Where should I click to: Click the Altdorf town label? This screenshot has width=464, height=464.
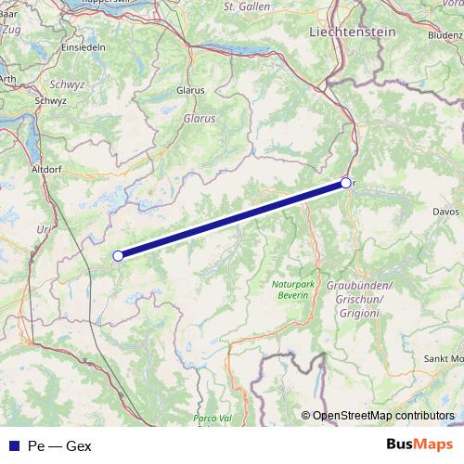(x=46, y=172)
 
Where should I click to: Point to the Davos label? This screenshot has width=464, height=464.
(x=440, y=212)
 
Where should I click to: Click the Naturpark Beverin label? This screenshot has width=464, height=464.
(x=293, y=289)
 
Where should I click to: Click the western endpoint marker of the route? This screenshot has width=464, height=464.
(x=118, y=255)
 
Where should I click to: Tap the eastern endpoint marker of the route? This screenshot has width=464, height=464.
(x=345, y=183)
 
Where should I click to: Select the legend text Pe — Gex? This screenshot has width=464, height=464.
(x=59, y=445)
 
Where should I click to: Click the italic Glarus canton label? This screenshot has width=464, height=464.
(x=200, y=120)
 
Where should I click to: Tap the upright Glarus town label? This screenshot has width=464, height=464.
(x=189, y=91)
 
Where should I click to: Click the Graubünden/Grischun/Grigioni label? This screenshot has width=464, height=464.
(x=360, y=299)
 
